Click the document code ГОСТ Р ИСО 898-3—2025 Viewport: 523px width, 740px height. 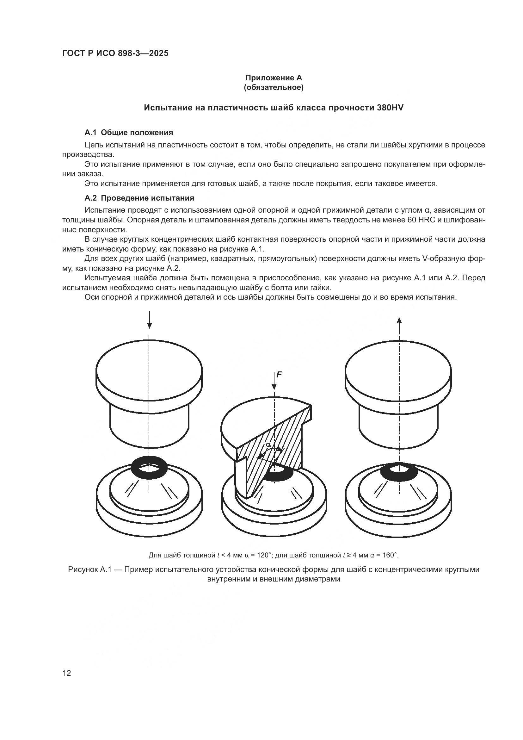tap(115, 53)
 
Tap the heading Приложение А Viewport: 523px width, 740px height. tap(274, 78)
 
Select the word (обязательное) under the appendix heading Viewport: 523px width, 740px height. tap(274, 87)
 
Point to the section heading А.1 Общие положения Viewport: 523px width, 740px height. tap(128, 133)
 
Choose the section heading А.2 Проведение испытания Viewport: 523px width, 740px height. tap(139, 198)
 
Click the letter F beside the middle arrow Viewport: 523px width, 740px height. tap(279, 375)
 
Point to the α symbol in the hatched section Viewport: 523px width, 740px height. tap(268, 445)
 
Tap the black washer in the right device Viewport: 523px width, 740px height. tap(399, 472)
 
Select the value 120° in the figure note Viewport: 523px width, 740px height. tap(263, 555)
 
